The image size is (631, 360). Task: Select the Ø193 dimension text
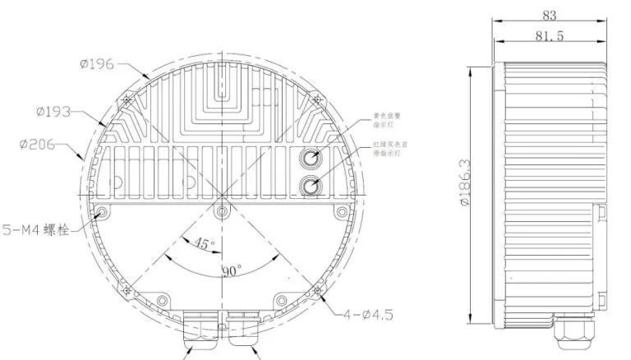point(56,109)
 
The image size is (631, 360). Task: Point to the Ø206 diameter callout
point(36,145)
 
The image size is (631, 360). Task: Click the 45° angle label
point(205,243)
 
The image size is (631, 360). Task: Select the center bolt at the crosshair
point(220,212)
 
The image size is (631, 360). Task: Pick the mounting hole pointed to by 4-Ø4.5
point(316,288)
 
